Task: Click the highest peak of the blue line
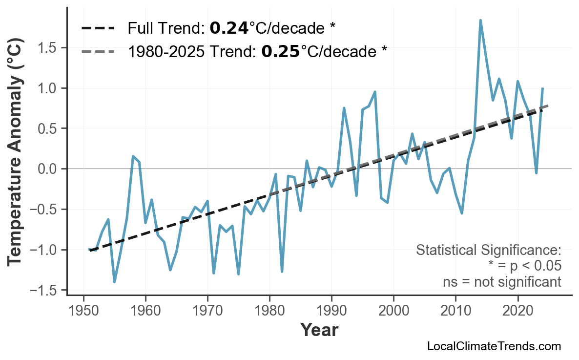point(480,21)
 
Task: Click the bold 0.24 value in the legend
point(229,28)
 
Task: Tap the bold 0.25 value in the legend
point(281,51)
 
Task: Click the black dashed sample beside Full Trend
point(98,28)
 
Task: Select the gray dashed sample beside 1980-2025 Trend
point(98,51)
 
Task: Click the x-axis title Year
point(319,331)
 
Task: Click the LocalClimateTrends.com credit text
point(494,346)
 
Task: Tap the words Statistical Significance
point(488,251)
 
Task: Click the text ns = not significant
point(501,282)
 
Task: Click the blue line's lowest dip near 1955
point(115,281)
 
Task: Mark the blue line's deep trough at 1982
point(282,271)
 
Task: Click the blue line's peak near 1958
point(133,156)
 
